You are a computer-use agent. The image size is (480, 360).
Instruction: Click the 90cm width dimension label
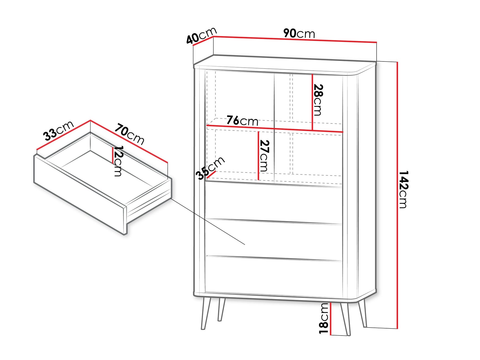[299, 33]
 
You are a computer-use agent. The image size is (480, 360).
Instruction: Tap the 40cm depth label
[201, 35]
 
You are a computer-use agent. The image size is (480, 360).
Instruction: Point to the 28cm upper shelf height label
[318, 100]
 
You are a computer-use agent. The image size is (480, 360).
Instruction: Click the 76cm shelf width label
[242, 120]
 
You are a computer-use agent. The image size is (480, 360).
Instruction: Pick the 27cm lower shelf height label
[264, 156]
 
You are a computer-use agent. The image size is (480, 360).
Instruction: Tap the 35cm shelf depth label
[210, 168]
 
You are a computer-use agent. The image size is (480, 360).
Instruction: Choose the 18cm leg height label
[324, 318]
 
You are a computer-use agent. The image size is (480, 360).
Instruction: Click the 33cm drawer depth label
[58, 130]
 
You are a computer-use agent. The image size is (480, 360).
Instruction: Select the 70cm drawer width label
[130, 134]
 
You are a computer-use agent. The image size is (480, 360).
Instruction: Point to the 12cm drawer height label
[118, 161]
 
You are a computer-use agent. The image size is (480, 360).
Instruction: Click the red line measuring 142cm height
[397, 195]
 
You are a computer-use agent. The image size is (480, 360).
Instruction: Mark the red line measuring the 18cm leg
[331, 318]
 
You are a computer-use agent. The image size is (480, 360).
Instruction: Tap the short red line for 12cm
[113, 155]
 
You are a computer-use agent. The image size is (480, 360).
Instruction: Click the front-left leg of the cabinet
[206, 313]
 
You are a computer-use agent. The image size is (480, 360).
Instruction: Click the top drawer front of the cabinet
[274, 203]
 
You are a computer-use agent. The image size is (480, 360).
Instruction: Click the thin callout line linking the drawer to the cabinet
[208, 221]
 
